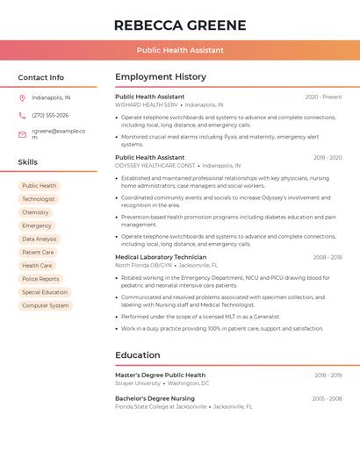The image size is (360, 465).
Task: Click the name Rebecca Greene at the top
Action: click(180, 25)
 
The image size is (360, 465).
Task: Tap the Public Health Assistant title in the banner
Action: click(180, 50)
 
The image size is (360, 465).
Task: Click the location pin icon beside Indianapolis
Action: click(22, 97)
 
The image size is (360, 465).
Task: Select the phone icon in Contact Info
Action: click(22, 115)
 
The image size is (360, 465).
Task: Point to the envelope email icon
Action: click(22, 134)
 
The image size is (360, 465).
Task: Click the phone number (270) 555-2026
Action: click(50, 115)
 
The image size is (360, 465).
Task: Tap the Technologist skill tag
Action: click(39, 199)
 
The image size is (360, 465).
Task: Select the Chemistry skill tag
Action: click(35, 212)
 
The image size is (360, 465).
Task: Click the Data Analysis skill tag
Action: click(40, 239)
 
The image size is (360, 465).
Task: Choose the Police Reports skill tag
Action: click(40, 279)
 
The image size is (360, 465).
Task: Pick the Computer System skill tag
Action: click(46, 305)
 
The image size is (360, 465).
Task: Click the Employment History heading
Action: click(161, 76)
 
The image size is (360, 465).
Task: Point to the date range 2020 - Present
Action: click(323, 97)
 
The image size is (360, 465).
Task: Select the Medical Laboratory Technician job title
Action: click(161, 257)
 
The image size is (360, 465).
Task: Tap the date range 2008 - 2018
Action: click(328, 257)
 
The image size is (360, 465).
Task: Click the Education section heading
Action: click(138, 354)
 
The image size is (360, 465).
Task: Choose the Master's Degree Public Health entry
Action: click(160, 375)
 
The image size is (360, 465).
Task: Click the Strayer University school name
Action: click(138, 383)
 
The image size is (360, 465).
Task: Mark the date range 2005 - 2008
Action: click(327, 398)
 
